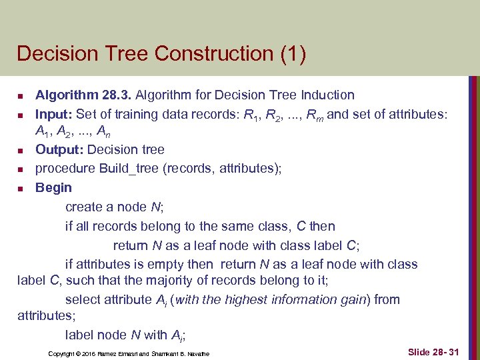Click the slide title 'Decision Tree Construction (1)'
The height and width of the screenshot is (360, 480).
161,53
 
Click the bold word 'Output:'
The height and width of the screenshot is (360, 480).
60,149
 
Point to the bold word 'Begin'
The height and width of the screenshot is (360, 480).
53,187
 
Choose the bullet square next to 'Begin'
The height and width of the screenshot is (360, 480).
21,189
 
